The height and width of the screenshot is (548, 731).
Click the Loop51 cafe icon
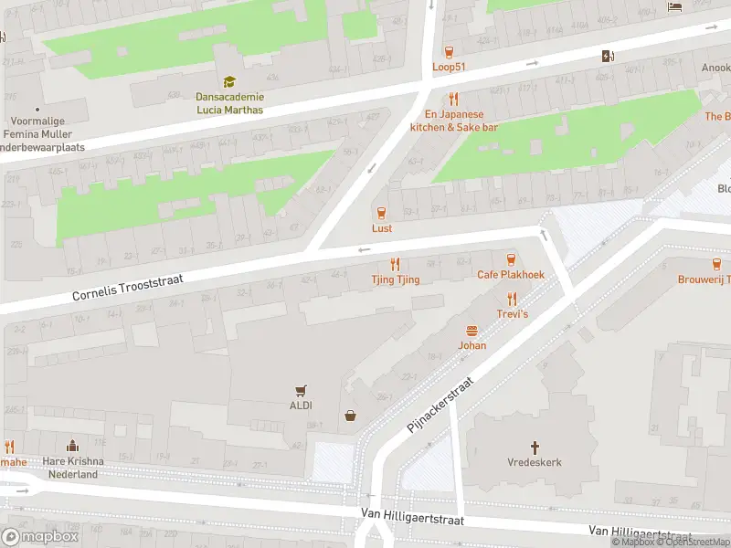449,51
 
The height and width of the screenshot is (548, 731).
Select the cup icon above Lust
382,212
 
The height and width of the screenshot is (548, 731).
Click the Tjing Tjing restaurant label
396,279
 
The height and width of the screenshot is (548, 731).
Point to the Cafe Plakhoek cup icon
511,258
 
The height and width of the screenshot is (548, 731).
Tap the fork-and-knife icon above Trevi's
512,298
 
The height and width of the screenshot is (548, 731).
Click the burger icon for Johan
472,331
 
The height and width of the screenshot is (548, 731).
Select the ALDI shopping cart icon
300,390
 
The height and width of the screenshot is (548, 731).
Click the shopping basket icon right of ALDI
350,416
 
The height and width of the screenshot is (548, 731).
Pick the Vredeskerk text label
535,462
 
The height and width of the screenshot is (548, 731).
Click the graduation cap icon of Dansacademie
228,82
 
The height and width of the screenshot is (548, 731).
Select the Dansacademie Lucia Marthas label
229,103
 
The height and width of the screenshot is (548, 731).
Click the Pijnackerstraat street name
443,406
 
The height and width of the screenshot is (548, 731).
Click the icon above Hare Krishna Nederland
70,447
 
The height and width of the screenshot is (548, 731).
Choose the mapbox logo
41,537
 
